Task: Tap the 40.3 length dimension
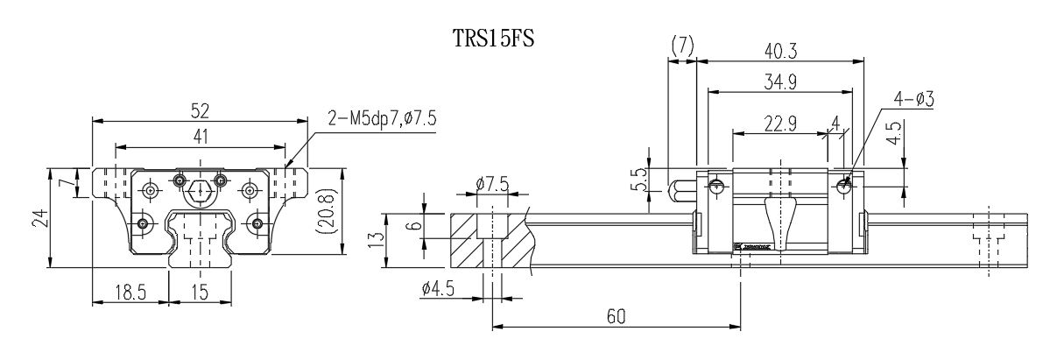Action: coord(780,52)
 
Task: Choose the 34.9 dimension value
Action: coord(780,84)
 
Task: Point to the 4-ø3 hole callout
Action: coord(914,101)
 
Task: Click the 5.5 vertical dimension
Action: coord(638,182)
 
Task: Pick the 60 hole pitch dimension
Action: coord(616,318)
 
